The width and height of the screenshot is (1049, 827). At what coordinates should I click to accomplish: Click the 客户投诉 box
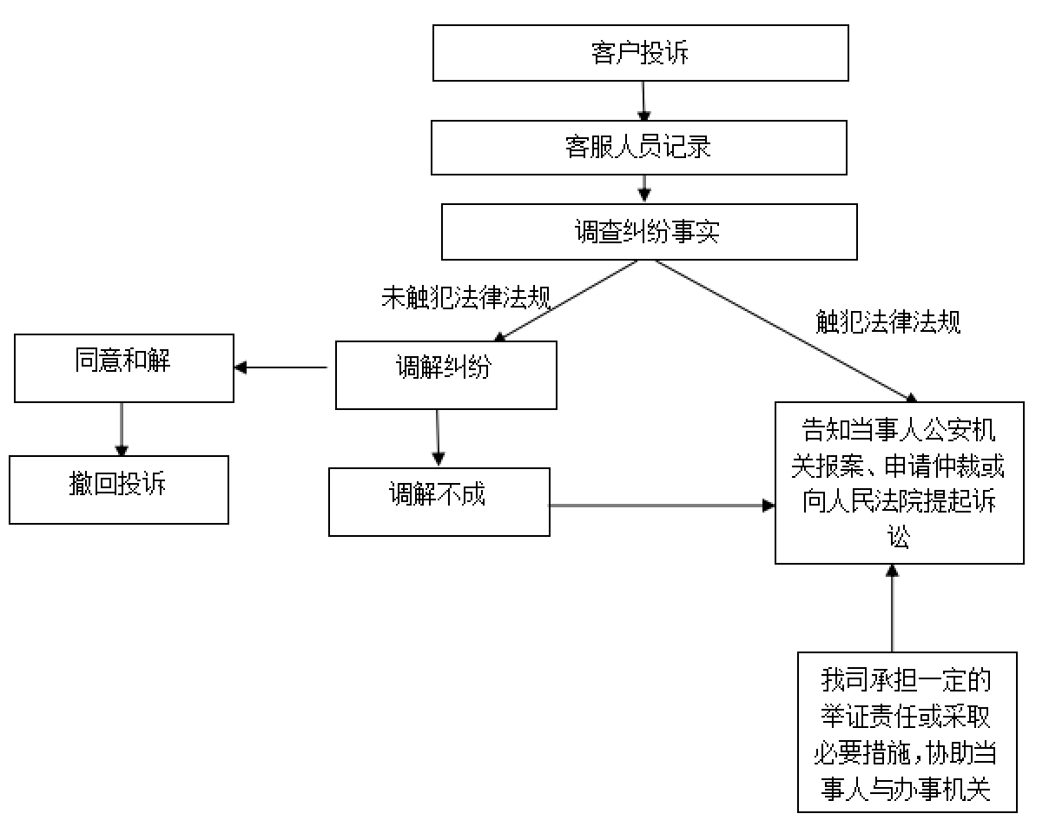[640, 54]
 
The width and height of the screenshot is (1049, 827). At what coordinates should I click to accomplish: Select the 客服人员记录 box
[638, 148]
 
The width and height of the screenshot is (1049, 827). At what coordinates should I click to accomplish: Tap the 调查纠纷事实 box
[649, 232]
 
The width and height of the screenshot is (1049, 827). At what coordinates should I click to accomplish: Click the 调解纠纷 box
[445, 374]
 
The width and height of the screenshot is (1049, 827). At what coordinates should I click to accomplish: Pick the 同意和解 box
[123, 367]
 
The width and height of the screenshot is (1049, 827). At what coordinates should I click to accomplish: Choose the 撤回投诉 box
[119, 490]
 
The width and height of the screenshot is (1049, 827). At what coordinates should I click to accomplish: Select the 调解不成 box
[439, 502]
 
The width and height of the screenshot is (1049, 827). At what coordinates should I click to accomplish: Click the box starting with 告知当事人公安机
[899, 482]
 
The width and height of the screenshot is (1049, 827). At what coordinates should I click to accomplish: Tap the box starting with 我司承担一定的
[907, 732]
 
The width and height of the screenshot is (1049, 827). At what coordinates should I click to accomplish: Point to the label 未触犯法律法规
[466, 298]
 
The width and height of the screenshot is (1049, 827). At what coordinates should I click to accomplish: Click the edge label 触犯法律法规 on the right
[888, 322]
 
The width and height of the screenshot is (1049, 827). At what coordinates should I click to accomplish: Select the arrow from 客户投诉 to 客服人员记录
[643, 101]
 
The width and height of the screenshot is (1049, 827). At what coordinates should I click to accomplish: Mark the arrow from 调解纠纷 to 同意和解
[282, 367]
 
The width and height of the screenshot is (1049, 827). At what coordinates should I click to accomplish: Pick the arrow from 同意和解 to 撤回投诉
[121, 428]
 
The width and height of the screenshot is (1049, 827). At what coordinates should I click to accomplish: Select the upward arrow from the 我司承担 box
[892, 608]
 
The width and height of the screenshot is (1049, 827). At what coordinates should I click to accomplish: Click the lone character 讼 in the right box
[899, 537]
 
